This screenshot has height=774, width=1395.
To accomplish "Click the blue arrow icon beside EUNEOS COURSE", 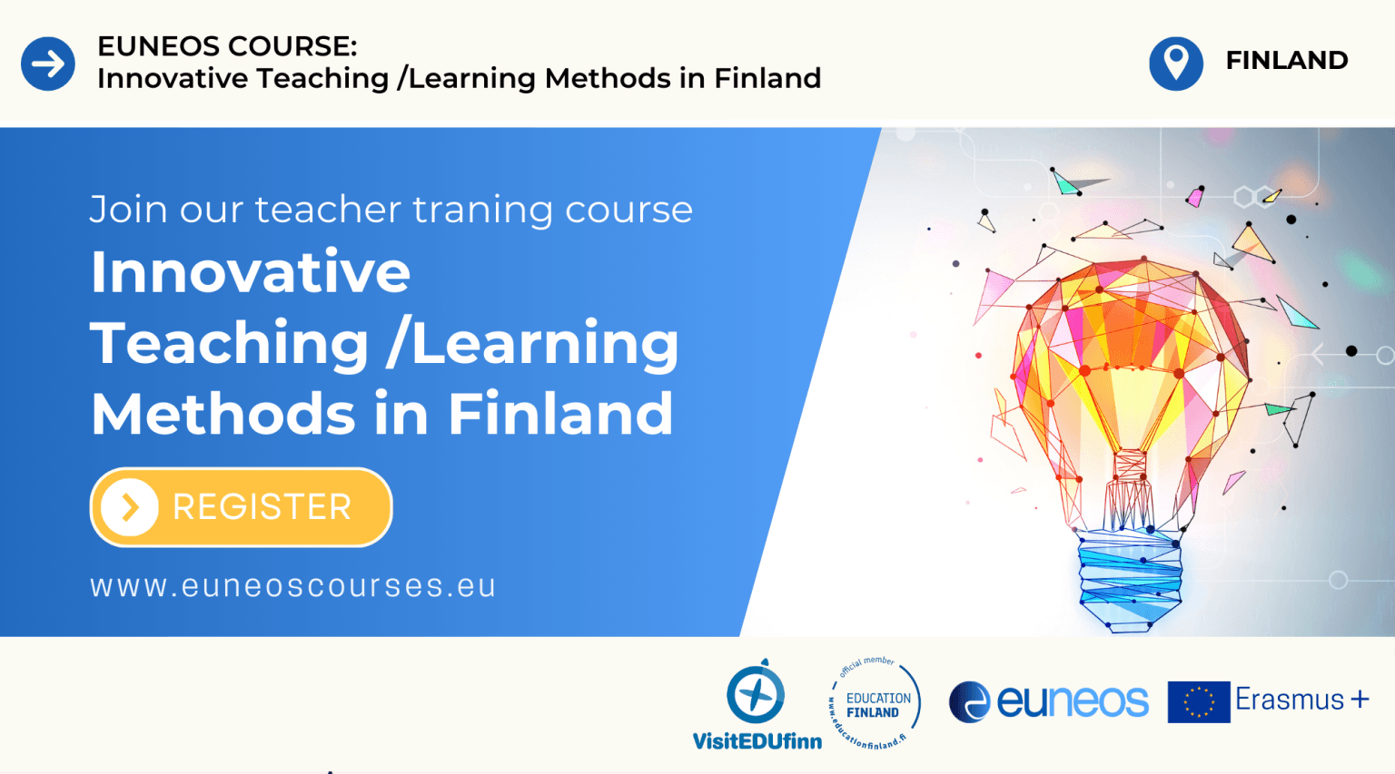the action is point(48,64).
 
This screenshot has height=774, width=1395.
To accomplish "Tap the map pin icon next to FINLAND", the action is point(1176,64).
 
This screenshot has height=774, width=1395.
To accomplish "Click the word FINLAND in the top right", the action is point(1287,61).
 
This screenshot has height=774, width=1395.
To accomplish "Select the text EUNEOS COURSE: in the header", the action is point(227,46).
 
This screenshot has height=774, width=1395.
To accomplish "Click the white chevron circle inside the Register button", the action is point(130,507).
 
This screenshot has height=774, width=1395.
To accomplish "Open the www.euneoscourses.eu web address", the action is point(292,586).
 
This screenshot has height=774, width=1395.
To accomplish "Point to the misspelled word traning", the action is point(482,210).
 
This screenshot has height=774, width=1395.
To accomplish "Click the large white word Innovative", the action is point(251,271).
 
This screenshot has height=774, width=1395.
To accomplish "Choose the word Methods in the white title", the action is point(223,413).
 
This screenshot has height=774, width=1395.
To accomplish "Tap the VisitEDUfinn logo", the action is point(757,704).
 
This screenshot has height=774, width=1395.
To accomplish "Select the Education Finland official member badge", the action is point(875,703).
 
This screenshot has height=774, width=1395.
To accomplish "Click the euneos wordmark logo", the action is point(1049,701).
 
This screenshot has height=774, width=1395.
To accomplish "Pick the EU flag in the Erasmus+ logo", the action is point(1199,701).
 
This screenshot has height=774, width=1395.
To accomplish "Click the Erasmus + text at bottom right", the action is point(1302,700).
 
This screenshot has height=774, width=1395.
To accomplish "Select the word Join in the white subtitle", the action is point(129,210).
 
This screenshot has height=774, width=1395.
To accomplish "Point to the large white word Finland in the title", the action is point(560,413).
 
